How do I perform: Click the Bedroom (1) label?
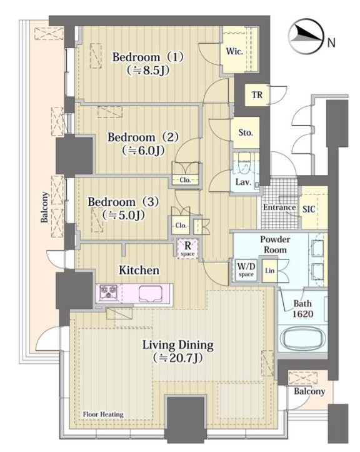[x=147, y=57]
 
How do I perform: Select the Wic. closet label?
[x=234, y=51]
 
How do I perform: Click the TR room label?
[x=257, y=94]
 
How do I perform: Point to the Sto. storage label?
[x=246, y=133]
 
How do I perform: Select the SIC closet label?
[x=309, y=209]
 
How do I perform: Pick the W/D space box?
[x=246, y=270]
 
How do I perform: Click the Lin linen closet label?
[x=269, y=271]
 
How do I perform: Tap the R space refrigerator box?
[x=187, y=248]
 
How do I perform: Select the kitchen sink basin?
[x=151, y=294]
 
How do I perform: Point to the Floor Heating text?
[x=103, y=414]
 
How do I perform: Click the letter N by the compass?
[x=332, y=43]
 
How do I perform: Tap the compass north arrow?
[x=306, y=35]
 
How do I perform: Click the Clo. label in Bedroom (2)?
[x=186, y=180]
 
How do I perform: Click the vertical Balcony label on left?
[x=44, y=207]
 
